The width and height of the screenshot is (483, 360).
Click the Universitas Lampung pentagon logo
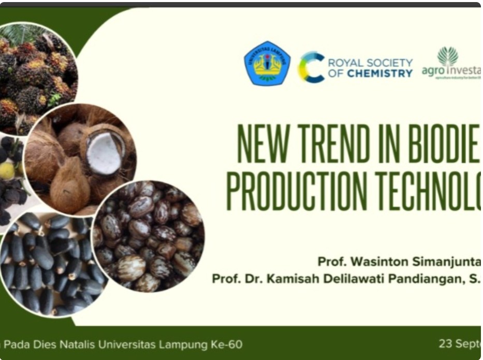tap(267, 63)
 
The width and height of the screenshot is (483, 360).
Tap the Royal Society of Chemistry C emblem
tap(311, 67)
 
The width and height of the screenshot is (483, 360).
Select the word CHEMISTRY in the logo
tap(380, 74)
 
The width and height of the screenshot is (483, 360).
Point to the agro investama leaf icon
tap(448, 56)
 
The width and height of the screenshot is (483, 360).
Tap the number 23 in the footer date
tap(446, 343)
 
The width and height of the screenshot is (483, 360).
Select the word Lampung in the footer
tap(183, 344)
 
